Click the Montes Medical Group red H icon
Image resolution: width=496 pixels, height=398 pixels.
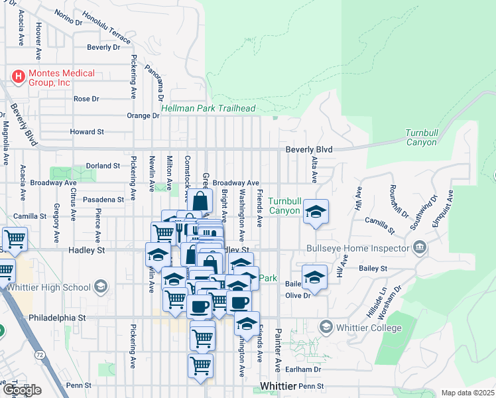[18, 77]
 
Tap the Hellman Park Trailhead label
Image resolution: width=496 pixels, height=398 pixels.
[208, 108]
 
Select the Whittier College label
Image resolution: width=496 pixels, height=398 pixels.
[369, 328]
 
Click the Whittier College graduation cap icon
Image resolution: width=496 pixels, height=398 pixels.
[326, 327]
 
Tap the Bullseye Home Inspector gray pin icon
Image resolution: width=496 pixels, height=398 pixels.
[419, 249]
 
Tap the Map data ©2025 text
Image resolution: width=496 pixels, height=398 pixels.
[467, 393]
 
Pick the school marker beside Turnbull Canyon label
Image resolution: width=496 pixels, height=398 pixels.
[316, 212]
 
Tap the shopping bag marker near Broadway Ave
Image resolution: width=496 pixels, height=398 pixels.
[200, 199]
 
